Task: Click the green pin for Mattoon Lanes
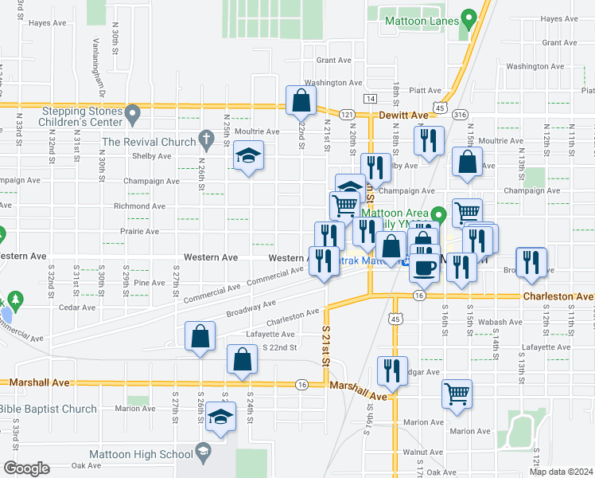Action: coord(469,18)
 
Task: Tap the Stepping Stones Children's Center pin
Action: coord(132,115)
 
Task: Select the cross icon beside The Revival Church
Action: coord(206,141)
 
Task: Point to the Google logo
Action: coord(25,468)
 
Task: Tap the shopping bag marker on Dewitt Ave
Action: coord(301,100)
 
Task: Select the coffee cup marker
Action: coord(424,266)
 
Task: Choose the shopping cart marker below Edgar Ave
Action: coord(457,393)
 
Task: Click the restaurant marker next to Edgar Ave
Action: coord(393,370)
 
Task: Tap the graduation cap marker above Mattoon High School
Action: coord(220,417)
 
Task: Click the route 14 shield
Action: coord(371,98)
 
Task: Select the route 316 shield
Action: coord(460,116)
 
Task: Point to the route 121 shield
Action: coord(348,115)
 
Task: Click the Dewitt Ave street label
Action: coord(408,116)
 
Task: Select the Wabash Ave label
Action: coord(500,323)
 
